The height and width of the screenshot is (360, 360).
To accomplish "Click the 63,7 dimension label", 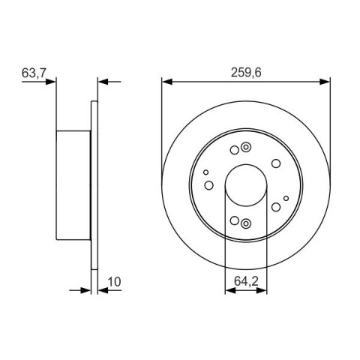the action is click(34, 73).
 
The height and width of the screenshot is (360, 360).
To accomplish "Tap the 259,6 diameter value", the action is click(246, 73).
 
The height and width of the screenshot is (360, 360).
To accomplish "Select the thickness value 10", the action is click(114, 282).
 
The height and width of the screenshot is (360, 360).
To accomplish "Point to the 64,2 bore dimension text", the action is click(246, 281).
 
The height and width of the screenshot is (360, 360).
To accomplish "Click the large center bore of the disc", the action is click(246, 185).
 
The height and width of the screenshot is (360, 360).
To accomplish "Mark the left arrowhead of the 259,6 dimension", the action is click(167, 82).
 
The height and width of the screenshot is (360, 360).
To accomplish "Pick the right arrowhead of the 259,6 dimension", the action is click(325, 82).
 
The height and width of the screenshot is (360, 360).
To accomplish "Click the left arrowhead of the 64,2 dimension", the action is click(230, 290).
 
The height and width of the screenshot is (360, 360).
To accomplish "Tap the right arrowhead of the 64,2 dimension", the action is click(262, 290).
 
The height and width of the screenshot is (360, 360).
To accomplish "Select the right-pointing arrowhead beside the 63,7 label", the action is click(51, 82).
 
